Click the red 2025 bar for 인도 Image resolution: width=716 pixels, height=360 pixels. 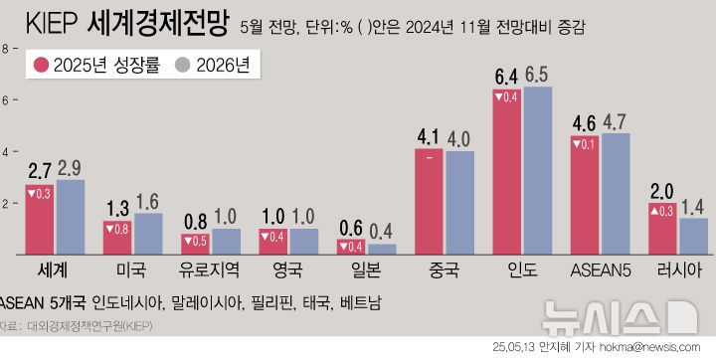click(506, 174)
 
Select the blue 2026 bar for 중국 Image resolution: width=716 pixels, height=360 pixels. click(459, 204)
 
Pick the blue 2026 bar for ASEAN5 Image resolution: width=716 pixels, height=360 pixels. click(616, 194)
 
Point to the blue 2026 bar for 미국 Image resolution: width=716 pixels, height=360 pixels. click(148, 235)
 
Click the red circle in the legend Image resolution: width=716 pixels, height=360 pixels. click(42, 66)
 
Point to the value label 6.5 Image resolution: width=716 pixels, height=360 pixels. click(537, 75)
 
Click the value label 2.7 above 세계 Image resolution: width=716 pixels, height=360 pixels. click(40, 170)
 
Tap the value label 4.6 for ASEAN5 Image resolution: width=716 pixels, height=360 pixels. click(585, 123)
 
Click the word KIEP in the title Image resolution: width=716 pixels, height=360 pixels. click(52, 23)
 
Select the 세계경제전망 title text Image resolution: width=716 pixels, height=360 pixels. click(158, 23)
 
